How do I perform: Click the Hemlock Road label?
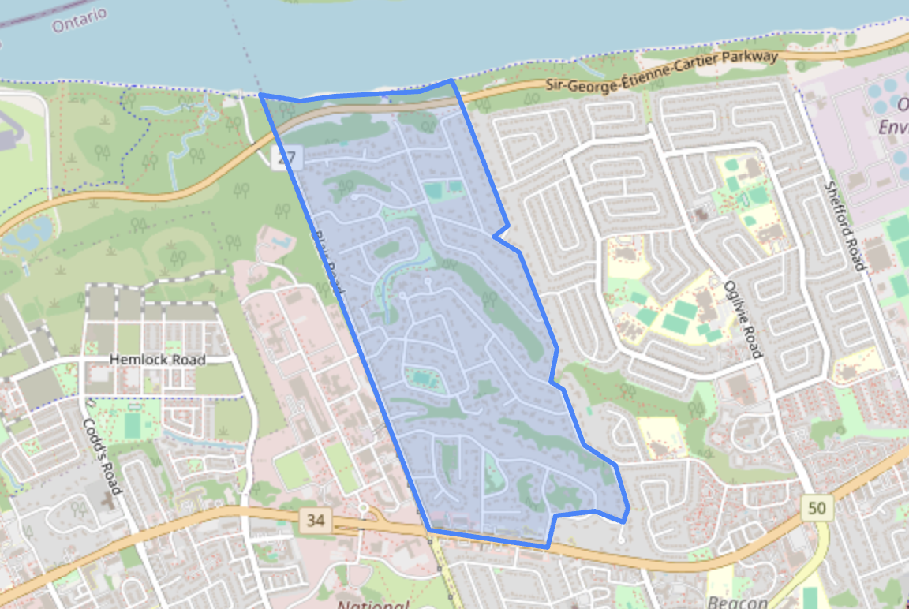[158, 360]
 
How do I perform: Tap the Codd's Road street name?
[103, 455]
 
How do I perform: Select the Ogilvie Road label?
[743, 319]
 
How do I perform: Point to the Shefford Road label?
[844, 226]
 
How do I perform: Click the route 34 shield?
[316, 520]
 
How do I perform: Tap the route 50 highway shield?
[817, 507]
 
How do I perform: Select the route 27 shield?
[286, 159]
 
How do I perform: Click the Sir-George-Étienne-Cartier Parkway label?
[663, 71]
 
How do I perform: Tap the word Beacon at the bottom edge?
[738, 603]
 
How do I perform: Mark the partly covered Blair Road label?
[328, 264]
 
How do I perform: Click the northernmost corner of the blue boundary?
[451, 80]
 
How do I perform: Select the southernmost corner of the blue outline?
[547, 547]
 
